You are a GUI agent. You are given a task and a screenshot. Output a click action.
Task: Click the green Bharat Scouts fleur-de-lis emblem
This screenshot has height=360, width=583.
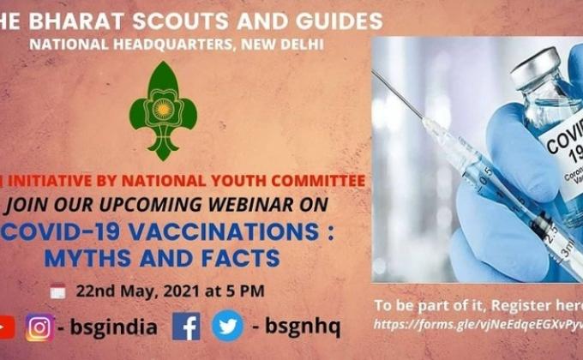[163, 110]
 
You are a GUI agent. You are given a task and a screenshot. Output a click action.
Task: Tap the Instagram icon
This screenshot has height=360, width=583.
[39, 327]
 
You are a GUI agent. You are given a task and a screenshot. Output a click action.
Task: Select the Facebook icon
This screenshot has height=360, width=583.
[186, 327]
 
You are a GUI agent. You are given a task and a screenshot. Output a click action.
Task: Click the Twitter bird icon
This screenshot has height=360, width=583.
[227, 327]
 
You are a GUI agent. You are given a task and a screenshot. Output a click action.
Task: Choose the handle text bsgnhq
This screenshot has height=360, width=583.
[303, 327]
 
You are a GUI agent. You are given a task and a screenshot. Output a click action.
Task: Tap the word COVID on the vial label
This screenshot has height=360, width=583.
[563, 136]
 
